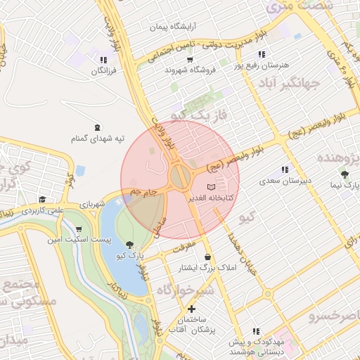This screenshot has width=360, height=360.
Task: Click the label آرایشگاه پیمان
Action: (x=170, y=27)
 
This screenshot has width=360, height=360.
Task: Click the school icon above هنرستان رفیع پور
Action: (x=262, y=53)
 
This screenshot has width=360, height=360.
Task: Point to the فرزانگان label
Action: (x=103, y=72)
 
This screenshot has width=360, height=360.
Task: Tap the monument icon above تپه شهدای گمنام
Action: (x=97, y=127)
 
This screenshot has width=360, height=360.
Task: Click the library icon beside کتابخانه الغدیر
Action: (x=212, y=188)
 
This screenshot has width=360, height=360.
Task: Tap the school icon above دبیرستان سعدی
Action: (x=285, y=169)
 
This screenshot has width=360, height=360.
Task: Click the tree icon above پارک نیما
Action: (x=344, y=174)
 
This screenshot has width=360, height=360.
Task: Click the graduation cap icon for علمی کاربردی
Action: (x=42, y=200)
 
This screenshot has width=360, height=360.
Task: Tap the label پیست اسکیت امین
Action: (x=77, y=240)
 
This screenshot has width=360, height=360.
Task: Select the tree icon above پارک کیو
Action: (x=128, y=244)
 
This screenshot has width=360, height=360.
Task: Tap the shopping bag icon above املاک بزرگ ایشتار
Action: (x=207, y=257)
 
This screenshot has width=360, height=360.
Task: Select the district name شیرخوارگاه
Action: (x=184, y=290)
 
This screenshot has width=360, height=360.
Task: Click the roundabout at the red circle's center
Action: (x=179, y=176)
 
